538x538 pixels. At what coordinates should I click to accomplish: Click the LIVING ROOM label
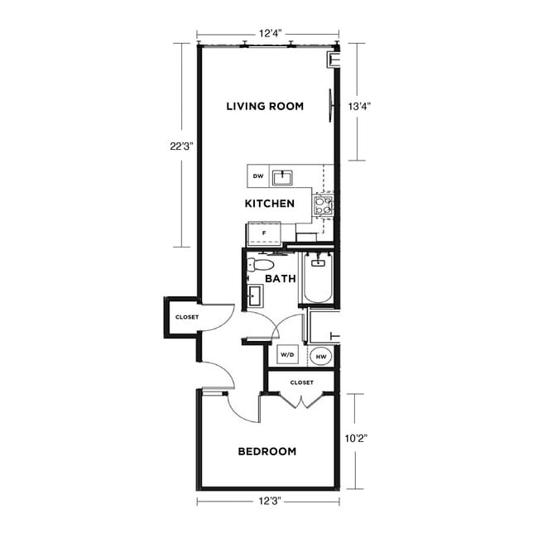click(265, 106)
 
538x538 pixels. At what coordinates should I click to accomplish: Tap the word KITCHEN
click(270, 203)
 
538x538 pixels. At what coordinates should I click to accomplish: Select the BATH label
click(281, 279)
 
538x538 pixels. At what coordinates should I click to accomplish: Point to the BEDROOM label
click(267, 451)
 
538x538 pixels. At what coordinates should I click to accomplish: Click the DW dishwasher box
click(258, 176)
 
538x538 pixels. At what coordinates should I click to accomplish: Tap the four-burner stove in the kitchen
click(323, 204)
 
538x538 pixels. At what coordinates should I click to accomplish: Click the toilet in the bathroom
click(260, 265)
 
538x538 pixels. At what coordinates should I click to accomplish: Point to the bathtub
click(317, 281)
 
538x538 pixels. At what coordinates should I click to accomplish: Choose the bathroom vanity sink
click(255, 294)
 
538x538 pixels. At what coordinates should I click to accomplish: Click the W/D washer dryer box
click(287, 355)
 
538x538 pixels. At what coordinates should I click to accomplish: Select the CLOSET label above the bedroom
click(301, 382)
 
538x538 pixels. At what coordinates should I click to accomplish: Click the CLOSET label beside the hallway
click(186, 317)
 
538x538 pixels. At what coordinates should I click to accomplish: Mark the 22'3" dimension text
click(180, 146)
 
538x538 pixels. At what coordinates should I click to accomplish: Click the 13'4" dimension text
click(358, 106)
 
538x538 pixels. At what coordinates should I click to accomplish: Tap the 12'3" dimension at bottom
click(267, 502)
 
